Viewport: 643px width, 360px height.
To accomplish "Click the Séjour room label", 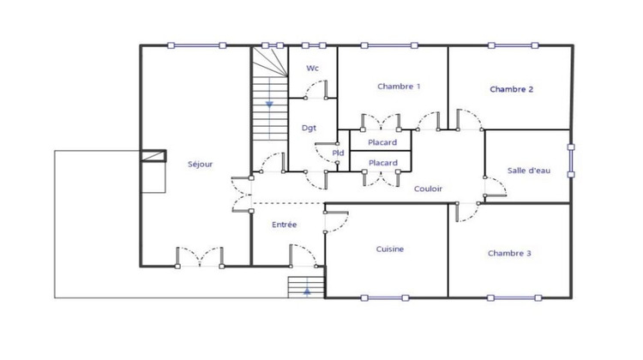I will coord(200,164).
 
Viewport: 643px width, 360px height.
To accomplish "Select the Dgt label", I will coord(309,128).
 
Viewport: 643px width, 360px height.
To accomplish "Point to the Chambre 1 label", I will coord(399,87).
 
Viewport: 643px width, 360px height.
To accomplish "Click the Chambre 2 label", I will coord(512,89).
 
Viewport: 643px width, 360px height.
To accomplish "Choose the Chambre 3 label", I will coord(509,253).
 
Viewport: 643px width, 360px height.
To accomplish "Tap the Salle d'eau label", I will coord(528,171).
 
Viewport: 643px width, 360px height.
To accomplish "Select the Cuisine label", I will coord(389,249).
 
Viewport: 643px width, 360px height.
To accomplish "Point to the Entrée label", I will coord(284,225).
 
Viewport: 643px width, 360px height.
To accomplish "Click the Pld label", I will coord(338,153).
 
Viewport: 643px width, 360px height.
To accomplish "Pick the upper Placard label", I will coord(382,141).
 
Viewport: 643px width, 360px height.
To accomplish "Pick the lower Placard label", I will coord(382,162).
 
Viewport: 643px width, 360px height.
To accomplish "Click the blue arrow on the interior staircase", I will coord(269,104).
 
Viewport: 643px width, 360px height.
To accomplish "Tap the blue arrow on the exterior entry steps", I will coord(306,291).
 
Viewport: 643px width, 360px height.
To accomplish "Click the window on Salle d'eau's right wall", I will coord(571,159).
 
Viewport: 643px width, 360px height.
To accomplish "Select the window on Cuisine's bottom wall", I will coord(383,298).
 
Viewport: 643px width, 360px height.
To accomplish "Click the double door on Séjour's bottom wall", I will coord(200,256).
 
